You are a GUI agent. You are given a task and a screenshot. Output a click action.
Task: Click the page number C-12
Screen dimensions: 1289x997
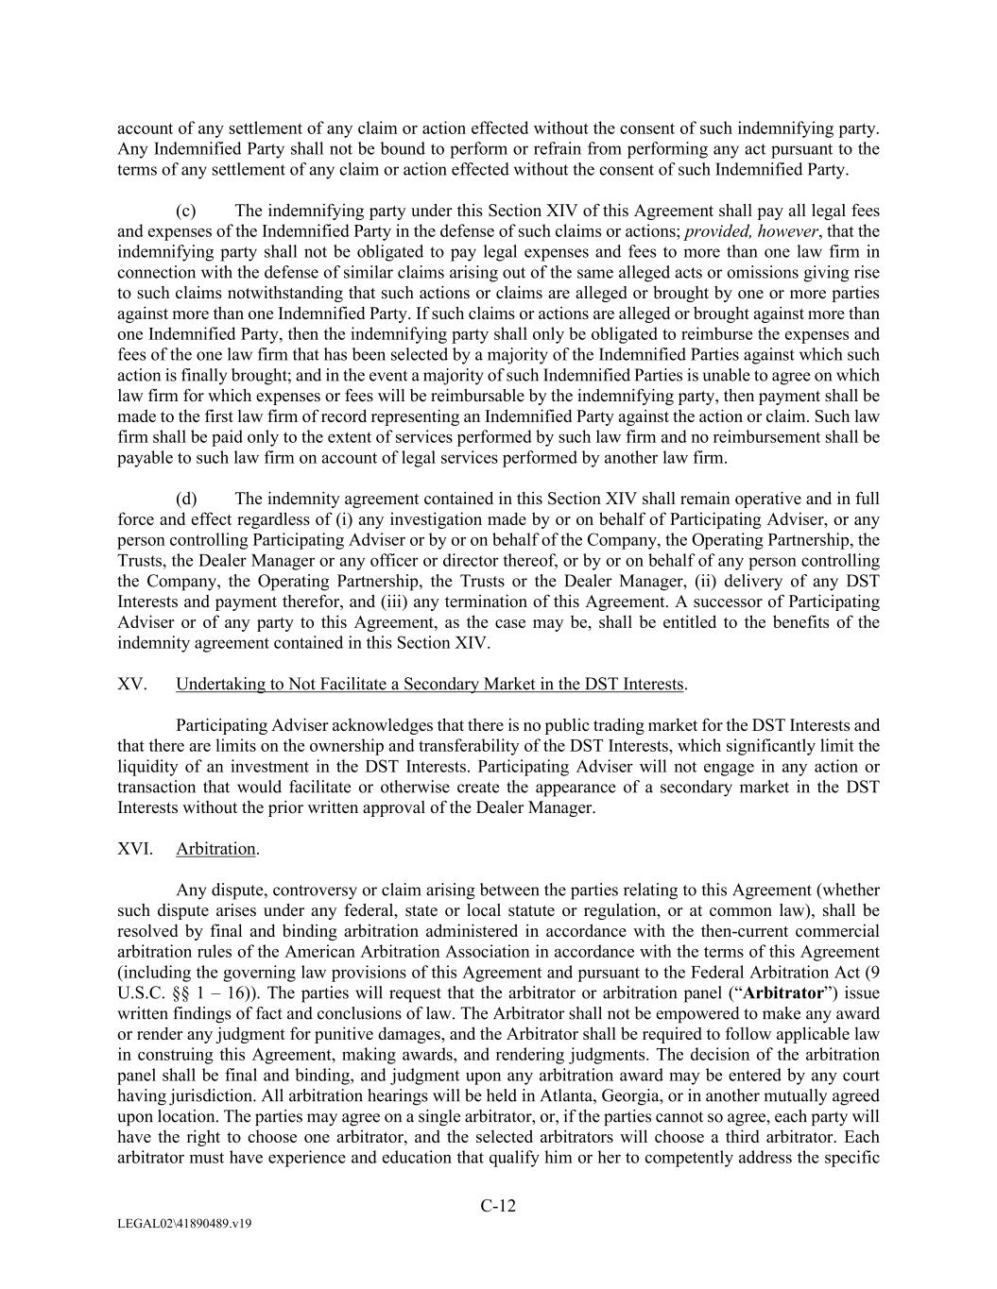pyautogui.click(x=498, y=1205)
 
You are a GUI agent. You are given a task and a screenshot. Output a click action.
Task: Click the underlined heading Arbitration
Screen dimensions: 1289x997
pyautogui.click(x=215, y=848)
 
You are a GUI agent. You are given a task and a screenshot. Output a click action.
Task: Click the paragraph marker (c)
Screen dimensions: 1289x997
pyautogui.click(x=186, y=211)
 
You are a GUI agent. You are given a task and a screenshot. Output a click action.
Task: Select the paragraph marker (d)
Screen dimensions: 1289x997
pyautogui.click(x=186, y=499)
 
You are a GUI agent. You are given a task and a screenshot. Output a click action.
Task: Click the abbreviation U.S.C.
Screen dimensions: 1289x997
pyautogui.click(x=138, y=992)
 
